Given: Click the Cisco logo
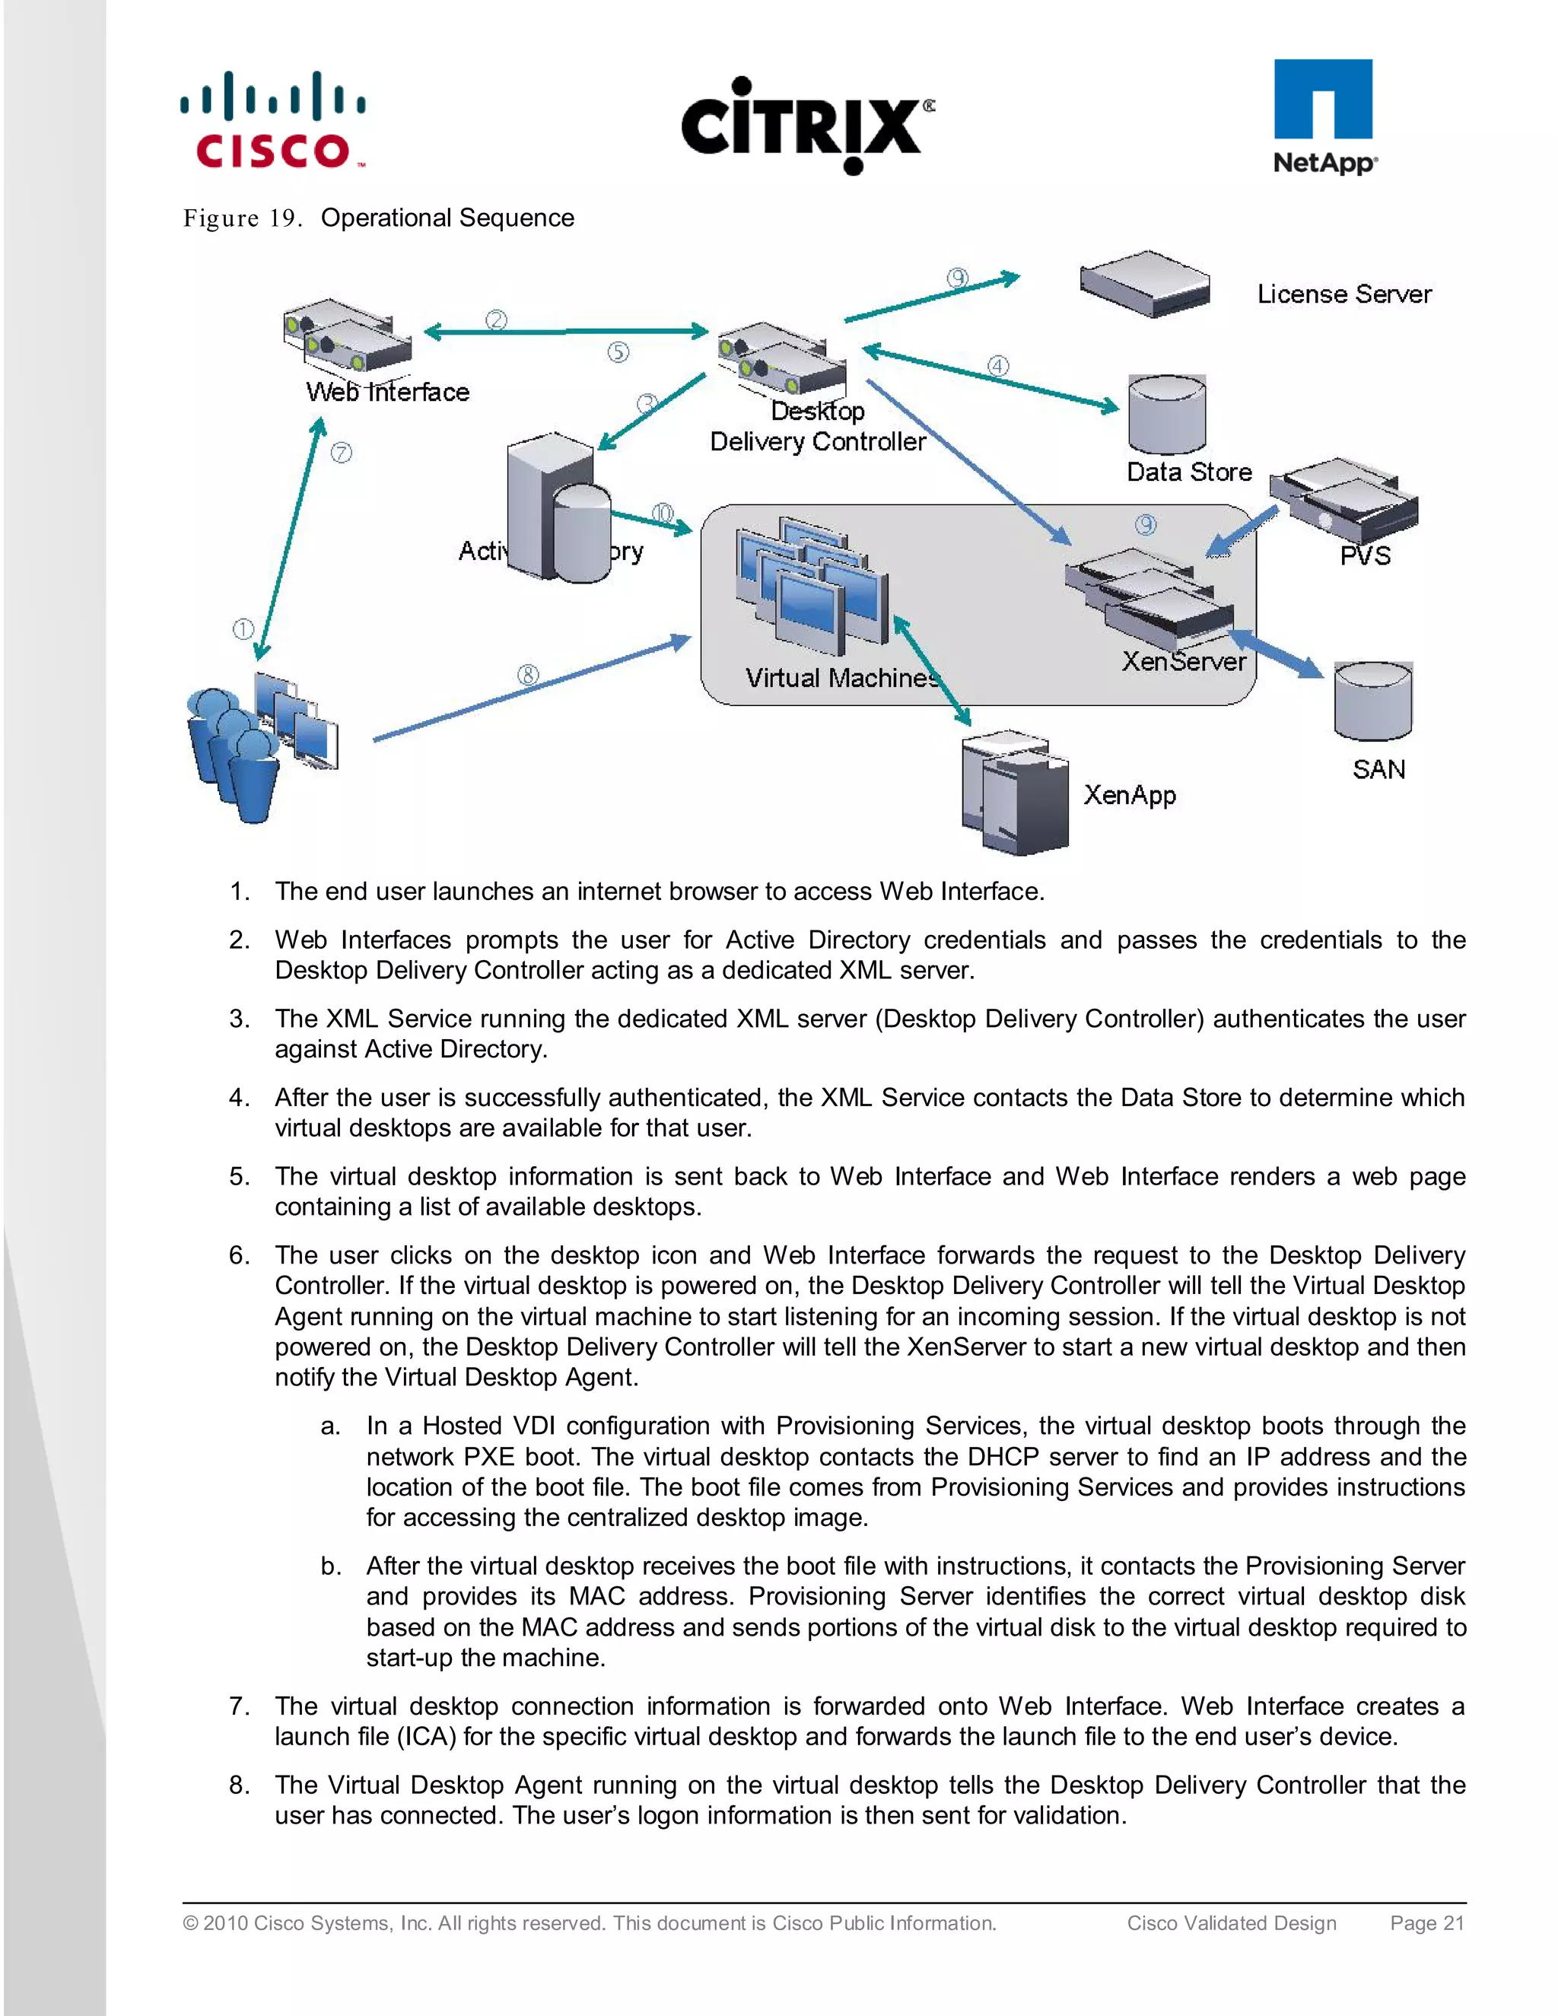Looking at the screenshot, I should [x=273, y=121].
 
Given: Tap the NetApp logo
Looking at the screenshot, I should [x=1324, y=117].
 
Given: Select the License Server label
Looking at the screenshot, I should [x=1344, y=294].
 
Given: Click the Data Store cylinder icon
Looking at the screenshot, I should [x=1167, y=415].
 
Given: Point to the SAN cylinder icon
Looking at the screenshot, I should [x=1372, y=701].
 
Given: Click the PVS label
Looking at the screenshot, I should [x=1365, y=555].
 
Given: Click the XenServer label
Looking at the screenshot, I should [x=1183, y=662].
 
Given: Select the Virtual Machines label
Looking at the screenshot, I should [x=842, y=679].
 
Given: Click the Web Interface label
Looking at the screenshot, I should [x=388, y=393].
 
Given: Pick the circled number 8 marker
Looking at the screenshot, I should [x=528, y=675].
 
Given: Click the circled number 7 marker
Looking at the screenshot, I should [x=342, y=453].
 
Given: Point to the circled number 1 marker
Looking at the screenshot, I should [x=243, y=630].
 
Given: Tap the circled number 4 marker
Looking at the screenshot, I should [x=998, y=365].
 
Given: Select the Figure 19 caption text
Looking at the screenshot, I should [x=378, y=218].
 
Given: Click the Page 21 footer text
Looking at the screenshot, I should [x=1426, y=1922].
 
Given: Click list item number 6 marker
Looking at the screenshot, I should [x=239, y=1255].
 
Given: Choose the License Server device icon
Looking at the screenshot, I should [x=1144, y=284].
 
